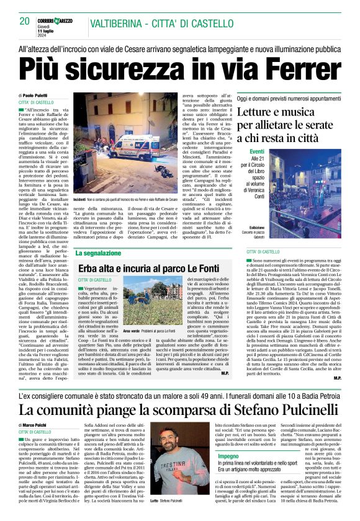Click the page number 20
coord(24,20)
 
